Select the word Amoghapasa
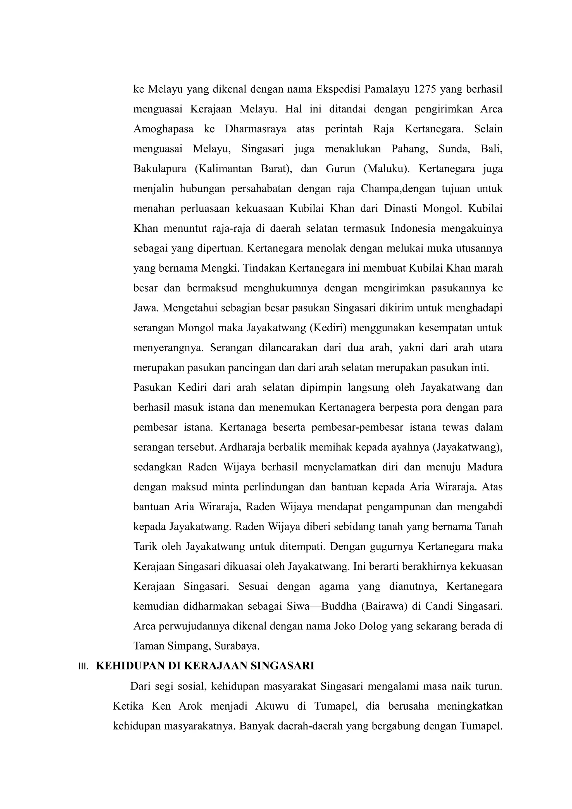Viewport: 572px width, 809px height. click(x=163, y=129)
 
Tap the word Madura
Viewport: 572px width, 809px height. click(x=485, y=467)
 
